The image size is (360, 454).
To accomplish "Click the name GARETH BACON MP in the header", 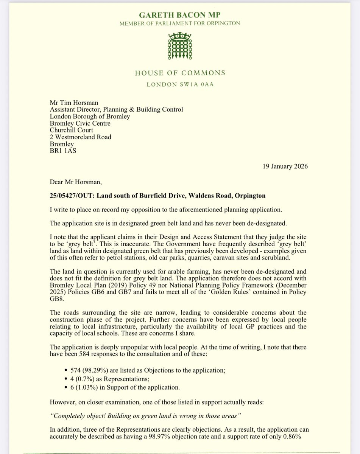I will (180, 16).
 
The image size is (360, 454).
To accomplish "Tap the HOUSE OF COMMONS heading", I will (180, 73).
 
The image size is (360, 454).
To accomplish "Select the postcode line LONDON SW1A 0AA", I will (180, 84).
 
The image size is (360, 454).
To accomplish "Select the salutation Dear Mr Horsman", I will (76, 182).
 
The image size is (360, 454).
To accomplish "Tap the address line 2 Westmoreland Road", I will (81, 137).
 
